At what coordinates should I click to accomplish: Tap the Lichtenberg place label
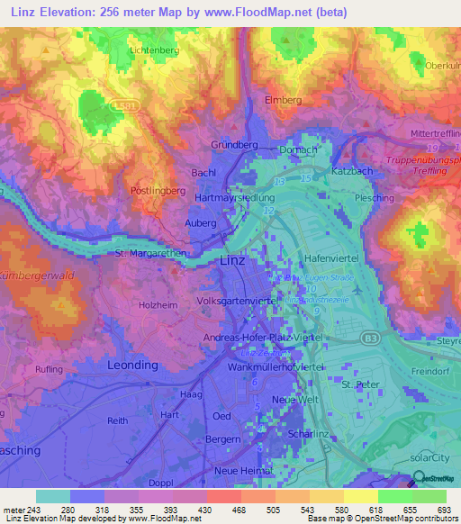156,50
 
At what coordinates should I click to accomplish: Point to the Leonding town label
131,366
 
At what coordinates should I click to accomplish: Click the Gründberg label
234,145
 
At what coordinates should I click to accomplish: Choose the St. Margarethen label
150,254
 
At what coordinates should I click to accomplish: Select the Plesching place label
375,197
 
